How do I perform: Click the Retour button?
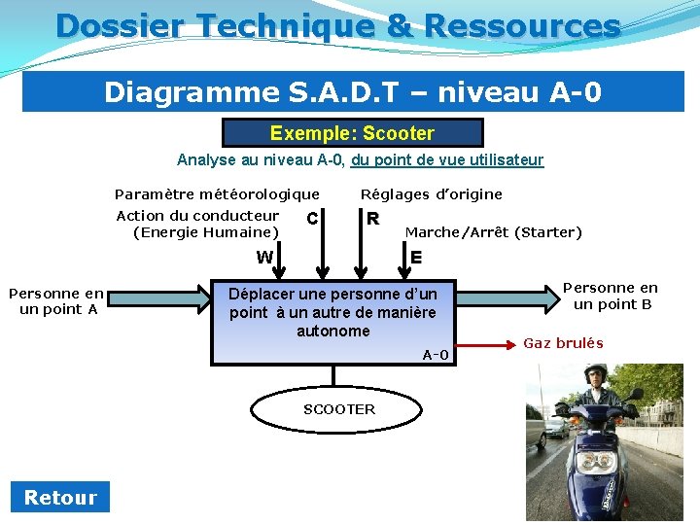point(60,498)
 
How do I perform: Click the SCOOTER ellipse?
point(338,409)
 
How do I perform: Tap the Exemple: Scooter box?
point(352,133)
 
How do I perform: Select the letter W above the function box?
point(264,258)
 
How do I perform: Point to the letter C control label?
point(311,219)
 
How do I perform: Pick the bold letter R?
point(372,219)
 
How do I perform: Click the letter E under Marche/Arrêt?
point(415,258)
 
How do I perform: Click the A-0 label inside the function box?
point(436,355)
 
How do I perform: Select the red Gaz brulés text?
point(563,343)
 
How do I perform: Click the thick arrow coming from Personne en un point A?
point(159,299)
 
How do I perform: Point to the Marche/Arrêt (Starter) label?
point(493,232)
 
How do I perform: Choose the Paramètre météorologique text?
point(217,194)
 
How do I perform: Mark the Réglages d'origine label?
point(432,194)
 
